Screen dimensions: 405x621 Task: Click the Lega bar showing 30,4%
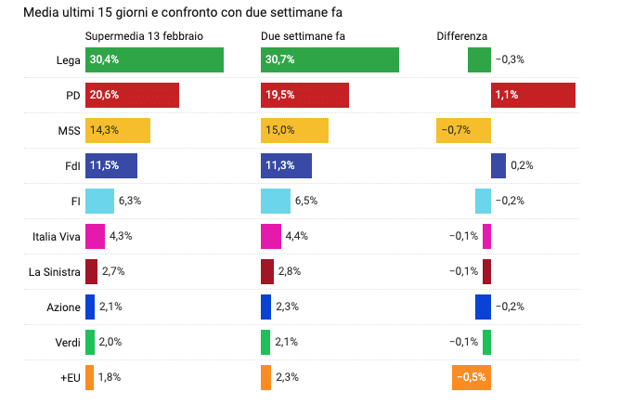[154, 59]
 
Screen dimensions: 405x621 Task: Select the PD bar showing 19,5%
[304, 96]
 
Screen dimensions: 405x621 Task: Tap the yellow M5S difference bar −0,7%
[463, 130]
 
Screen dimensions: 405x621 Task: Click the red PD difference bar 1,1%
[533, 96]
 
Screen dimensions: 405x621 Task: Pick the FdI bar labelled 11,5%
[111, 165]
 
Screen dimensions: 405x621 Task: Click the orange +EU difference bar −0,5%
[471, 378]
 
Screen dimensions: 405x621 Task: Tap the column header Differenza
[461, 35]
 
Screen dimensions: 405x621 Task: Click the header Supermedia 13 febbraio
[144, 35]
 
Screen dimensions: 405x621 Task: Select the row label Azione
[62, 307]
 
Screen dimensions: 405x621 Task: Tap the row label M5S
[66, 130]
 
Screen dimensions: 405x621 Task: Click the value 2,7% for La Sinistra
[113, 271]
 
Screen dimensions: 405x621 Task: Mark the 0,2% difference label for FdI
[522, 165]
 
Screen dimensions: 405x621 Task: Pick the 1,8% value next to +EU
[109, 378]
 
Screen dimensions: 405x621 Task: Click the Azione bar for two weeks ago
[266, 307]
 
